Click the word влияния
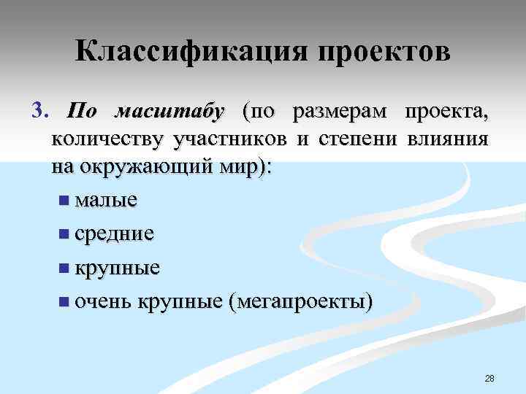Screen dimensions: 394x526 coord(446,139)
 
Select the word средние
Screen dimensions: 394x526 coord(114,233)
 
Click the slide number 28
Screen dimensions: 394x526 coord(489,378)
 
